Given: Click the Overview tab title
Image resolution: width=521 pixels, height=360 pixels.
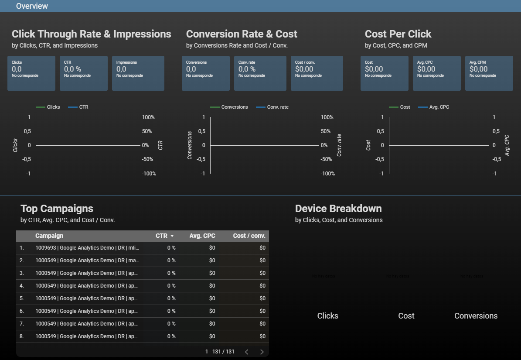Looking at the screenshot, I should tap(32, 6).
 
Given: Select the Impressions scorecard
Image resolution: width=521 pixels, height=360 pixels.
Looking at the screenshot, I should tap(138, 73).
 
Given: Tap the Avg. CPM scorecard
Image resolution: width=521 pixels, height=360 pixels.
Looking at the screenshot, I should tap(489, 73).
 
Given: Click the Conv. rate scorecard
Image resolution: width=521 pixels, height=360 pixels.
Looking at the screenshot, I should tap(260, 73).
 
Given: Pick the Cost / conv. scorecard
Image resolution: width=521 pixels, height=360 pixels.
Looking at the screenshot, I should tap(317, 73).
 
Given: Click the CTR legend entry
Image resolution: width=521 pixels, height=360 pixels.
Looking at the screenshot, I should tap(83, 107).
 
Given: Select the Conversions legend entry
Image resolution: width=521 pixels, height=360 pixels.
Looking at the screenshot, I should tap(234, 107).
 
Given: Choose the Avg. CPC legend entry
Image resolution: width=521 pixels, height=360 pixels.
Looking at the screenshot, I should tap(439, 107).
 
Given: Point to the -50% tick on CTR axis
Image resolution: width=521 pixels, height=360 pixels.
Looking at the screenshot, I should tap(148, 159).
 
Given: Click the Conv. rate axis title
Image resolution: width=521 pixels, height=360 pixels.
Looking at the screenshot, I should tap(339, 145).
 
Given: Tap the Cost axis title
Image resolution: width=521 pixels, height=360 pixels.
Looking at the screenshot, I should tap(368, 145).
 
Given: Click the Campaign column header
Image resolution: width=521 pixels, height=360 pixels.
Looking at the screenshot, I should tap(49, 236).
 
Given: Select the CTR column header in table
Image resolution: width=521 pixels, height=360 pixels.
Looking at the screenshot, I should tap(162, 236).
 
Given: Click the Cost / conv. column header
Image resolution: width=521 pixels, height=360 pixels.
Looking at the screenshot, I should tap(249, 236).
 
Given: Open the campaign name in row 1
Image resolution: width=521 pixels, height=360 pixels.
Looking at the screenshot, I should tap(87, 248).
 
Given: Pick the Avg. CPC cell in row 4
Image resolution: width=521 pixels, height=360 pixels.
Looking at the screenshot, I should tap(212, 286).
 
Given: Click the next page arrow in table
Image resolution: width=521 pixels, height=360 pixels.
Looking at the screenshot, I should tap(262, 352).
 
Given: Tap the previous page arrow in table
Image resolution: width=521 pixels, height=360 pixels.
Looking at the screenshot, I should tap(246, 352).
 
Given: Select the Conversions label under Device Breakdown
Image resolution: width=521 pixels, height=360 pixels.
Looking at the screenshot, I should tap(476, 316).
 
